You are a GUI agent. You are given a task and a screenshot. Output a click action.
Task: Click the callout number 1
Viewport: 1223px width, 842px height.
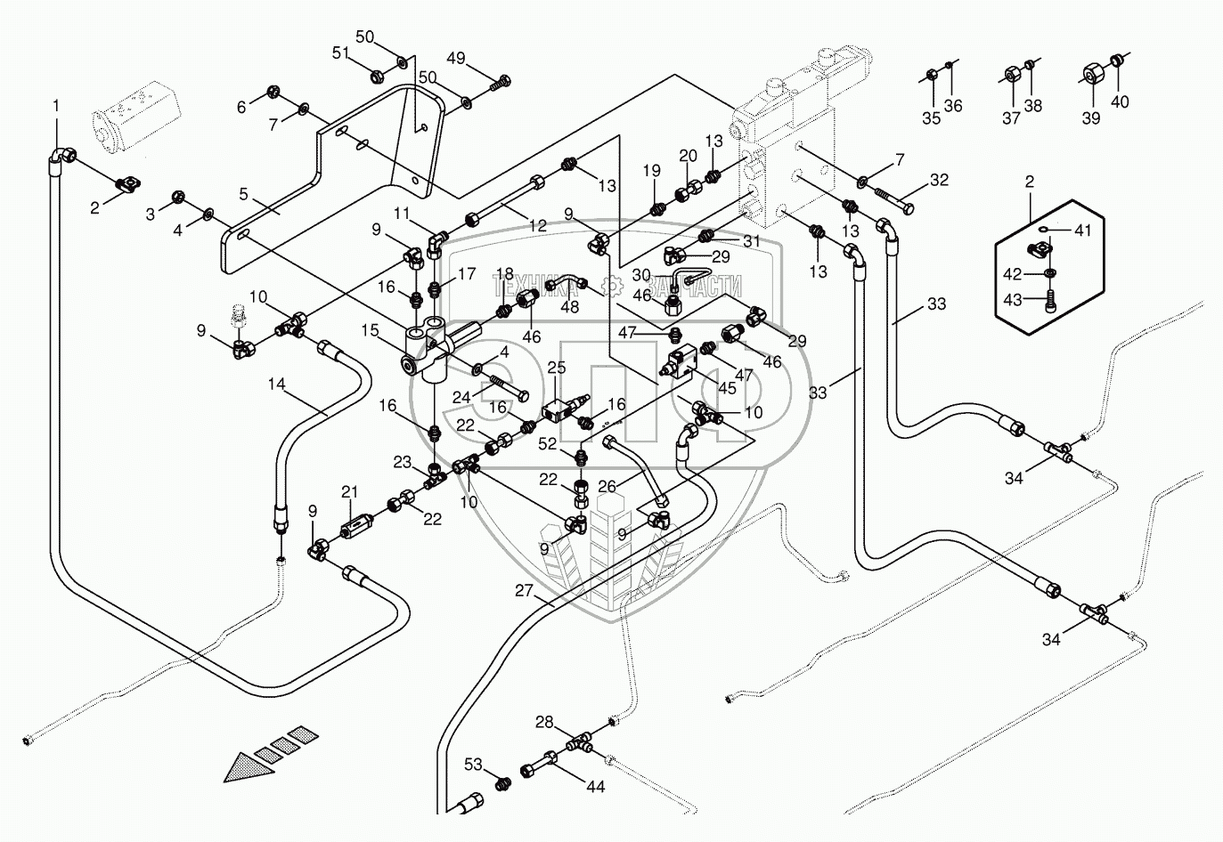click(x=56, y=106)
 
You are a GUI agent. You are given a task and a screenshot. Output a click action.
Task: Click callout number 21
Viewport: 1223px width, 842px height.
click(x=348, y=492)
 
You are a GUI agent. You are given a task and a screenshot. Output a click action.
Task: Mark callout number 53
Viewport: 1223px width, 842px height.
click(x=474, y=765)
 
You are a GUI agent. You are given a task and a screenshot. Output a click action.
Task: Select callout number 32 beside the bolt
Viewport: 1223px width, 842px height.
click(x=939, y=179)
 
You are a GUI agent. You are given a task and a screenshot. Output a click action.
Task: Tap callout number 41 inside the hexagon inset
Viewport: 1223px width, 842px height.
click(x=1082, y=231)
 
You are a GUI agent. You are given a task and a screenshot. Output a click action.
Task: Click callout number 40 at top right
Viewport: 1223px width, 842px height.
click(x=1120, y=101)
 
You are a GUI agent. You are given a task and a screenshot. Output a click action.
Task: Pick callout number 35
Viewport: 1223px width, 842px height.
click(x=931, y=118)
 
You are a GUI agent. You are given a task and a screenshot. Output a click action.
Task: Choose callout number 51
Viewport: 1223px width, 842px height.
click(x=341, y=54)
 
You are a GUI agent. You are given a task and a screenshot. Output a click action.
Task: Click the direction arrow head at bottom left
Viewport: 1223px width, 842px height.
click(x=244, y=766)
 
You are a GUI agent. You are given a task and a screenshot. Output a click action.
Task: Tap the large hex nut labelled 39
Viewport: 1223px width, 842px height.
click(x=1092, y=73)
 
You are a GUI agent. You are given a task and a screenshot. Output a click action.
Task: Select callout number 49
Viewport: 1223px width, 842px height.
click(x=456, y=60)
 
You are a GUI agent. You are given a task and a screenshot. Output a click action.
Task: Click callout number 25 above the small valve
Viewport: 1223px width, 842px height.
click(x=557, y=368)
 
